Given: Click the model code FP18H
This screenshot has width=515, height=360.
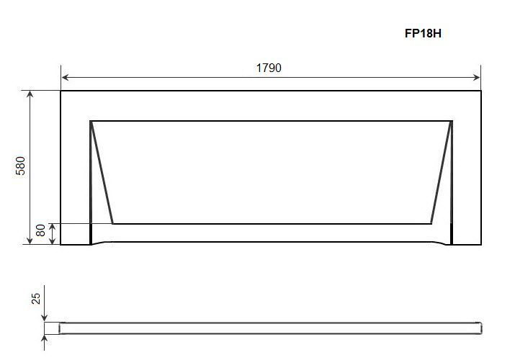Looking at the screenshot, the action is coord(423,33).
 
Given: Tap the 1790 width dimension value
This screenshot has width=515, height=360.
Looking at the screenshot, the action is coord(269,68).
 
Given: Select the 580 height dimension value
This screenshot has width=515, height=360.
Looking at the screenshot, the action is coord(20,166).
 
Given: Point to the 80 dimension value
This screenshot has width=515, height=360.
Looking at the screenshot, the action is coord(40,230).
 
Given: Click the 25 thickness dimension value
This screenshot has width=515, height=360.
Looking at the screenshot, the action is coord(36,299).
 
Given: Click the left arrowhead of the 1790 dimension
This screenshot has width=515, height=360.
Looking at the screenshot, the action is coord(65,78).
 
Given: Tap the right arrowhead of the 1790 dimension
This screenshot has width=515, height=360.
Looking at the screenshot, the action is coord(476,78).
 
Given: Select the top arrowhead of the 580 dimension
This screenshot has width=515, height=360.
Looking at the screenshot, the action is coord(30,95).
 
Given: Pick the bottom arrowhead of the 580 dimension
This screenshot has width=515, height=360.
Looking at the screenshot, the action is coord(30,240).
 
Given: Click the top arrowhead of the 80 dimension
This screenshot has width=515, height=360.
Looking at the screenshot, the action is coord(52,227).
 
